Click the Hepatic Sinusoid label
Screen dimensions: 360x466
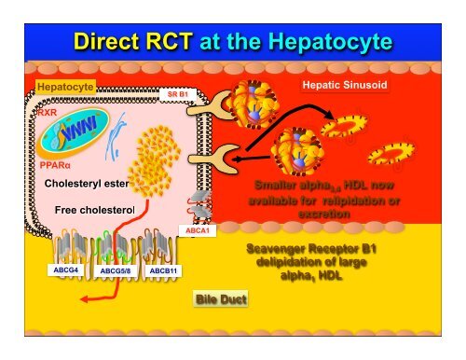click(x=347, y=85)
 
